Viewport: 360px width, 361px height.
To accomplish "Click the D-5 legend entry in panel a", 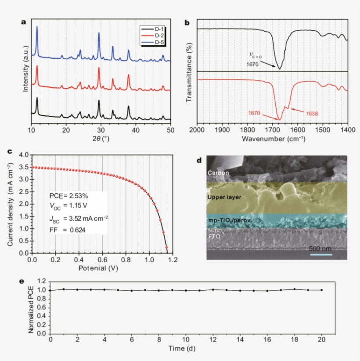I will click(x=158, y=42).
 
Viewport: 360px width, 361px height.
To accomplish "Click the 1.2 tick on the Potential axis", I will click(x=173, y=260).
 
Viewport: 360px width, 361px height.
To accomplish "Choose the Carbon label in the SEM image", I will click(x=218, y=173).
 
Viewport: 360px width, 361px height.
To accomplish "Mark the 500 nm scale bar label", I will click(x=321, y=249).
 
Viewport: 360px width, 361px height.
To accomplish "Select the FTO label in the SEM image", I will click(x=214, y=236).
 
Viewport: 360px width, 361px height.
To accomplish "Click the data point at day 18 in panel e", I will click(x=295, y=289).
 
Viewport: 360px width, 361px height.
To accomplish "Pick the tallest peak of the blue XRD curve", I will click(x=37, y=27).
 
